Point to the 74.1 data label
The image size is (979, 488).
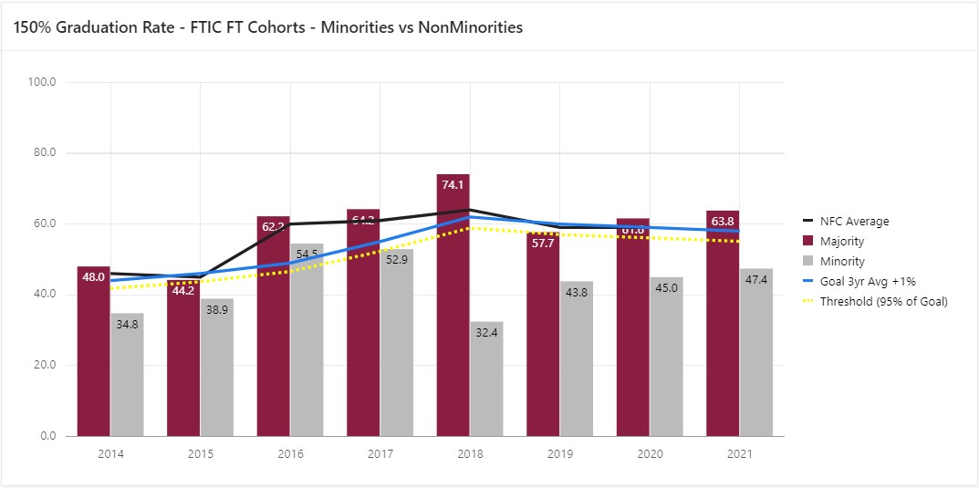click(x=453, y=184)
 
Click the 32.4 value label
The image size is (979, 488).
click(x=486, y=334)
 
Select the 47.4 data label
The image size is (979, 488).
click(x=756, y=279)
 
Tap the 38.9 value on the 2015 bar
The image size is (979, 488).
click(x=216, y=310)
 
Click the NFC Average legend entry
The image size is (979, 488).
click(x=853, y=222)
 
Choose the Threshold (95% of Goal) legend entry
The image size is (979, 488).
click(x=882, y=302)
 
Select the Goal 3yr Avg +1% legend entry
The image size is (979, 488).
click(x=868, y=282)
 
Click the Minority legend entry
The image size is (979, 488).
click(x=841, y=262)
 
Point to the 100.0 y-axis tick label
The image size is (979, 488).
click(x=42, y=82)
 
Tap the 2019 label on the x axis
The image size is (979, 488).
click(x=560, y=453)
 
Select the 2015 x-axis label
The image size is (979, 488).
click(x=201, y=453)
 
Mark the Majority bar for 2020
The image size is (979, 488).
click(x=633, y=327)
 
